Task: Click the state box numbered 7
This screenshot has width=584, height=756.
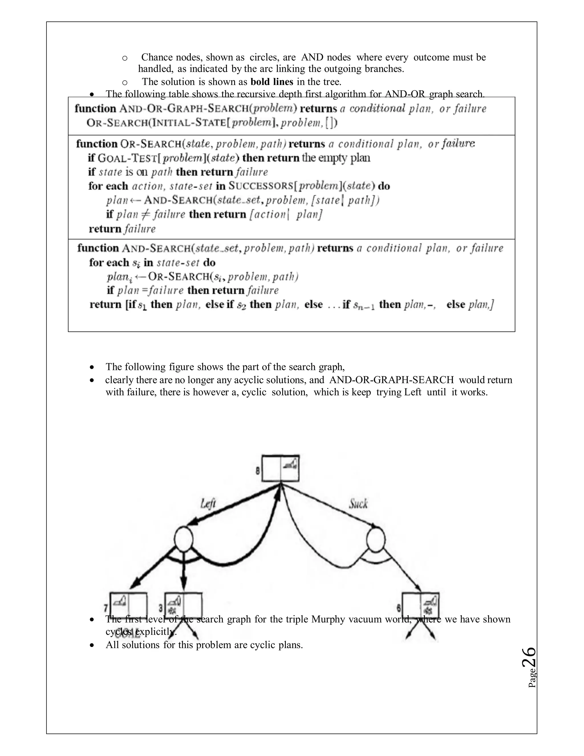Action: (x=128, y=605)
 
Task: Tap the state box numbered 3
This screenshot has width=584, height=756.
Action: (x=183, y=605)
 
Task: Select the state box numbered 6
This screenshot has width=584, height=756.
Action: (x=421, y=605)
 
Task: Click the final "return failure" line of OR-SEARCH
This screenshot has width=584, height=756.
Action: (x=122, y=229)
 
